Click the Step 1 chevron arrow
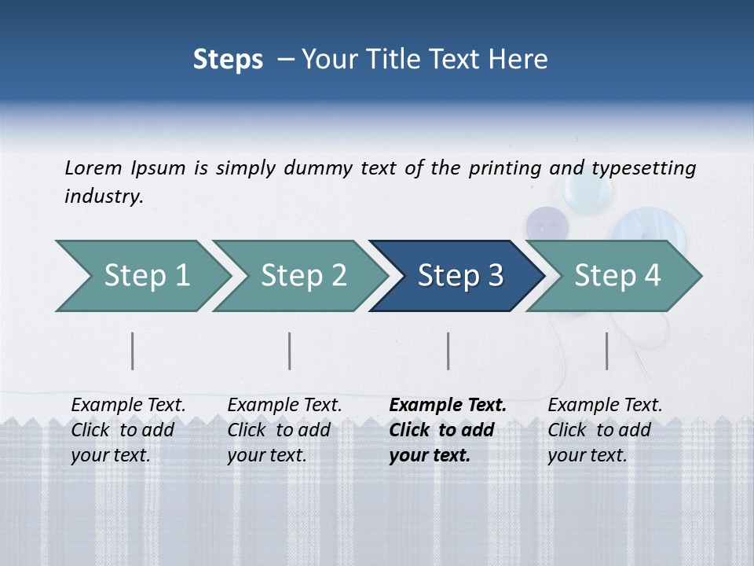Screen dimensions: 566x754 pos(141,276)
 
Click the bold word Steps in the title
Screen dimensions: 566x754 pos(228,60)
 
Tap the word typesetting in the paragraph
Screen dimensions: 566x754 pos(643,167)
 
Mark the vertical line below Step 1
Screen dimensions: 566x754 pos(133,351)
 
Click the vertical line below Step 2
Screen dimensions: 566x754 pos(290,351)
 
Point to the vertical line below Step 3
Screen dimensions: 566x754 pos(448,351)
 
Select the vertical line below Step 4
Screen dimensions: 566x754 pos(607,351)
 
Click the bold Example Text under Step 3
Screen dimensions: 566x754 pos(448,406)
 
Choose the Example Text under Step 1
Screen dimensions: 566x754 pos(128,406)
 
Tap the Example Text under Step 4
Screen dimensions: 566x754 pos(605,406)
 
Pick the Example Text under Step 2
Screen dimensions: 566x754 pos(284,406)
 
